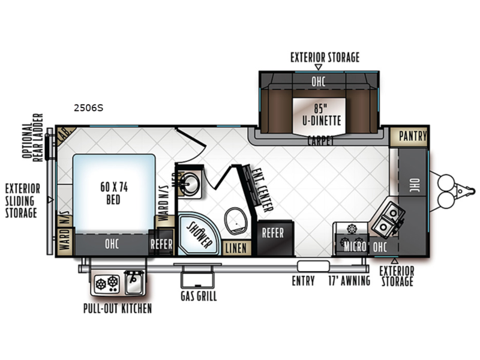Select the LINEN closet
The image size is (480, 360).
pos(236,247)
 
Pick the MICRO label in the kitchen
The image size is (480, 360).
pos(354,246)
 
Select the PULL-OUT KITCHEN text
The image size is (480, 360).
pos(117,308)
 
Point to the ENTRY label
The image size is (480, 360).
pos(303,281)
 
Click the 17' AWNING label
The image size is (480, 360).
pos(349,281)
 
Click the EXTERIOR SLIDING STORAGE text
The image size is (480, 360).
pos(22,200)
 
